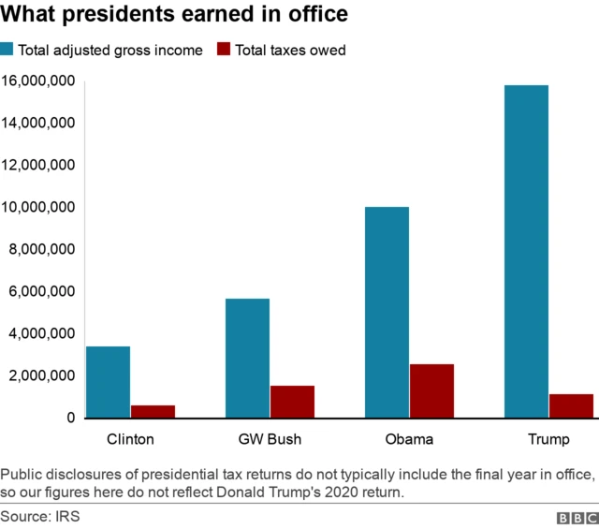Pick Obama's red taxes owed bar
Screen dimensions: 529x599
point(431,390)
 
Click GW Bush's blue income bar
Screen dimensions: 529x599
point(247,358)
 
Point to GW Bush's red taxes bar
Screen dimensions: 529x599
point(292,401)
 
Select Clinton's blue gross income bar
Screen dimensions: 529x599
point(108,381)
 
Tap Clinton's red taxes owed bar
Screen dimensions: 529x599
point(153,411)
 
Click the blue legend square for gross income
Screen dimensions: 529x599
point(7,50)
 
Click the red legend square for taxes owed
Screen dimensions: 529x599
point(224,50)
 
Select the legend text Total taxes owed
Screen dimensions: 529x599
point(291,51)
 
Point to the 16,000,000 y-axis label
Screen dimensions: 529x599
point(39,81)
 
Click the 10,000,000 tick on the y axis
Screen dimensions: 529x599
point(39,208)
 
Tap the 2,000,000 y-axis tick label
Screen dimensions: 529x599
point(43,375)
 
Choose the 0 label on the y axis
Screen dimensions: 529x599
point(71,418)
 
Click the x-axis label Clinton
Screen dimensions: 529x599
point(130,438)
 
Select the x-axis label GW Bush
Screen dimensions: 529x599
point(270,438)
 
